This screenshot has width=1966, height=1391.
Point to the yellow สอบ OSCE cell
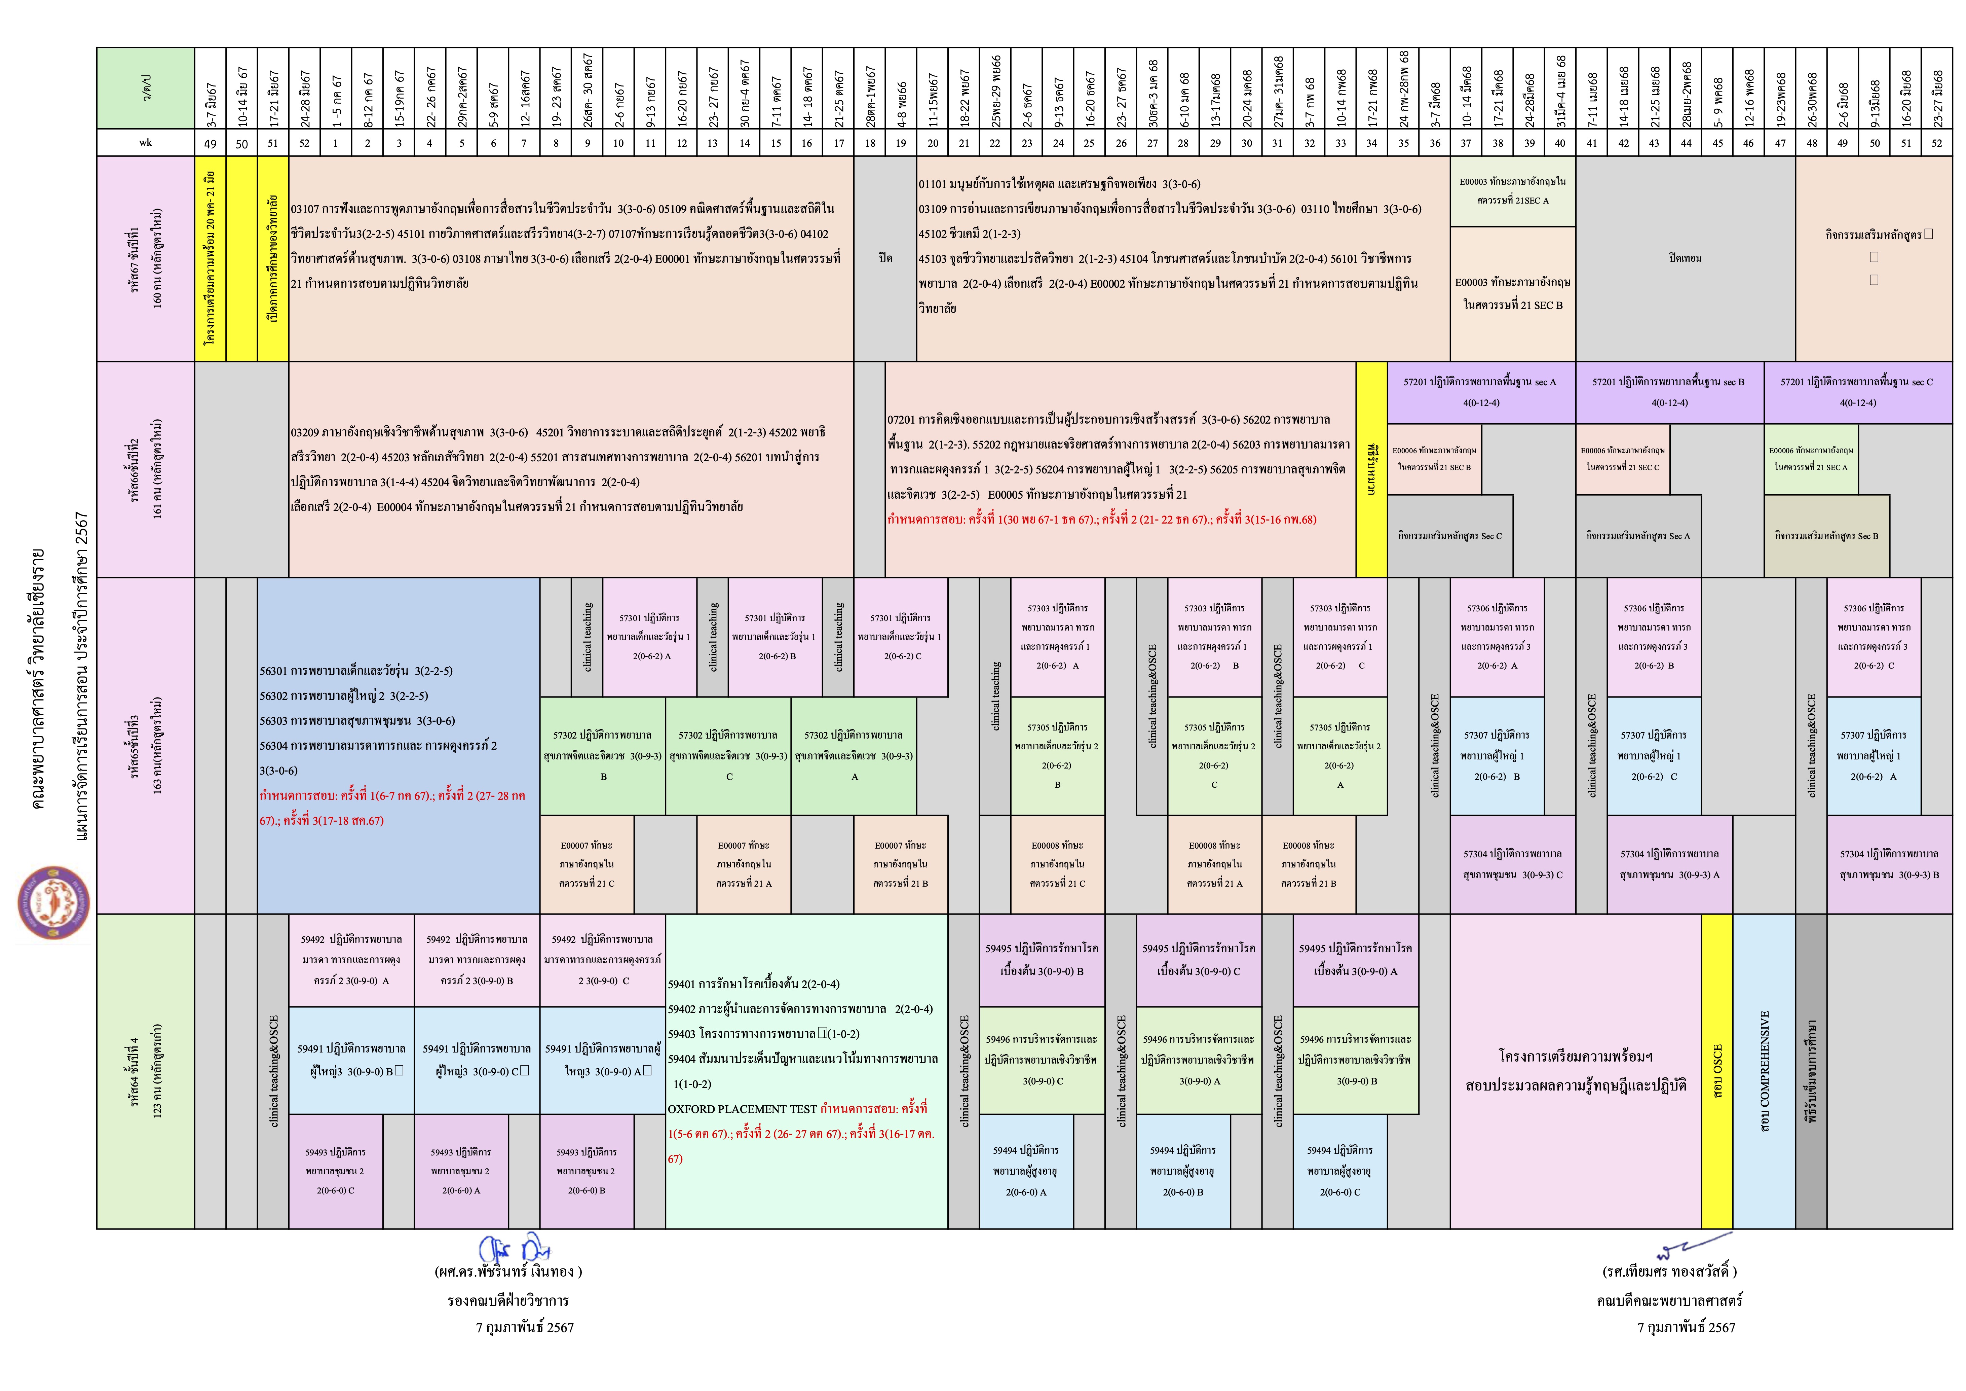[1716, 1071]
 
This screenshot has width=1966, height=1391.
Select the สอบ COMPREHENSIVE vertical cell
[1763, 1071]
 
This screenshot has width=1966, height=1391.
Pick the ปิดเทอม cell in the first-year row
[1684, 258]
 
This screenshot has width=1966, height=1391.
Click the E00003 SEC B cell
[1512, 293]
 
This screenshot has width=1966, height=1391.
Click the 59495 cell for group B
[1041, 959]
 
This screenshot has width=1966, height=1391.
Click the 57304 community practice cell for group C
[1512, 863]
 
